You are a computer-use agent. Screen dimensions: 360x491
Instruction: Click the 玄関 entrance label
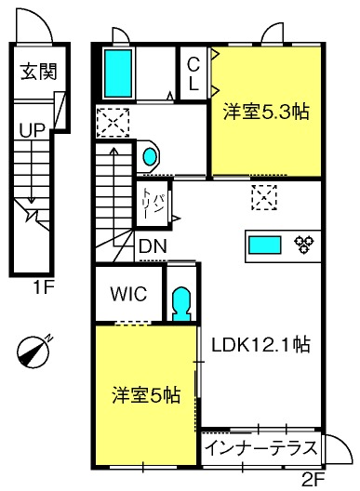(x=39, y=72)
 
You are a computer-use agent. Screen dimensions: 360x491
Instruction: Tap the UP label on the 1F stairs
(x=32, y=129)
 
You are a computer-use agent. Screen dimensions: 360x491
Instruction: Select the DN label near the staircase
(x=153, y=246)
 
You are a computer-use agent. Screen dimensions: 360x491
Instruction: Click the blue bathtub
(x=118, y=73)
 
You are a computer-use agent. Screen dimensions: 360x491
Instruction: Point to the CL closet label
(x=193, y=73)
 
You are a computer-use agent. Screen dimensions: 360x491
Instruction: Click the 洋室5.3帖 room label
(x=266, y=112)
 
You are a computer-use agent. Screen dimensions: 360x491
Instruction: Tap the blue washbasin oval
(x=150, y=156)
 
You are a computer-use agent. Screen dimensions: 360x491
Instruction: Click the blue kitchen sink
(x=265, y=245)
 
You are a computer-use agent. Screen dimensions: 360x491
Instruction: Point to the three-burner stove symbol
(x=303, y=245)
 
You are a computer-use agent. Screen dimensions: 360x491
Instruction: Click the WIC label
(x=128, y=294)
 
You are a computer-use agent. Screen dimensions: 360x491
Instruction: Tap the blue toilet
(x=181, y=304)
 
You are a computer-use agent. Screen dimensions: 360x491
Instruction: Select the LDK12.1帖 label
(x=260, y=345)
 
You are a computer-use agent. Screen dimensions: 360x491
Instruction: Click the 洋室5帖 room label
(x=146, y=395)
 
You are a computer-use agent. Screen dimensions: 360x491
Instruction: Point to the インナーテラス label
(x=261, y=448)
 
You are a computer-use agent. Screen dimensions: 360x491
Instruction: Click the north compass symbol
(x=33, y=351)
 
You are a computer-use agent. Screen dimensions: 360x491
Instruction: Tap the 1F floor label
(x=44, y=287)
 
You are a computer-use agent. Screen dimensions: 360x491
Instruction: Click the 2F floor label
(x=313, y=478)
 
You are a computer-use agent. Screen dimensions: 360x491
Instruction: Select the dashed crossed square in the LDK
(x=264, y=197)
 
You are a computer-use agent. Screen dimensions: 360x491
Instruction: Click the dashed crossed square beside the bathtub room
(x=113, y=123)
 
